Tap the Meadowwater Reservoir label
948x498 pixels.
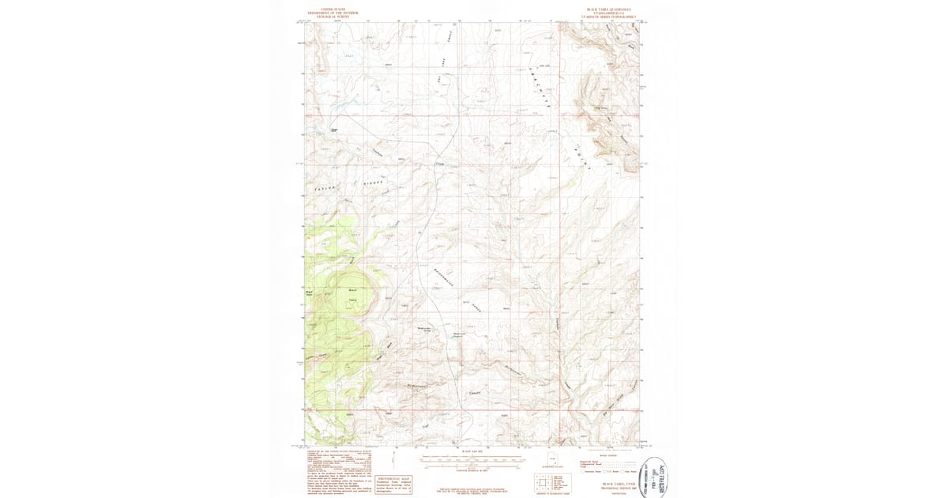[x=462, y=337]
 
